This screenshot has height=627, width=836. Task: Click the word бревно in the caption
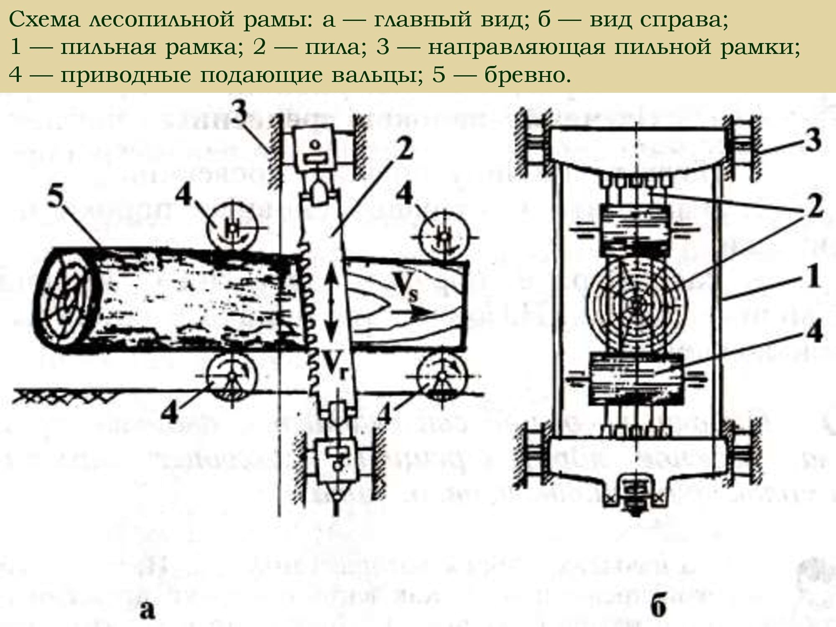click(527, 75)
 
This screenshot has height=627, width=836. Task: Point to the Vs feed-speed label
click(404, 287)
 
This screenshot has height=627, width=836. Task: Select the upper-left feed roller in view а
click(232, 228)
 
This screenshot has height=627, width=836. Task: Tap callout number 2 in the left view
click(404, 148)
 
